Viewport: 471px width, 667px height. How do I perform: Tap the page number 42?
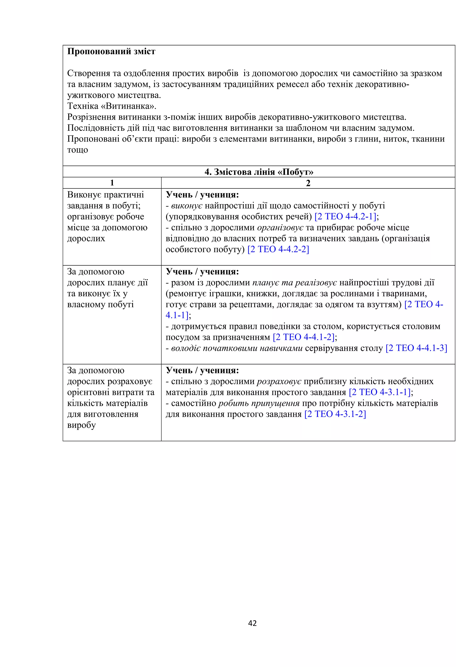(x=252, y=623)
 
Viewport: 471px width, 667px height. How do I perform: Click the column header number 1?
(x=112, y=183)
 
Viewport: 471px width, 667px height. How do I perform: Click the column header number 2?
(x=308, y=183)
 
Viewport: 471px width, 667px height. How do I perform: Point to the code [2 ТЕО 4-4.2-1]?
(x=345, y=216)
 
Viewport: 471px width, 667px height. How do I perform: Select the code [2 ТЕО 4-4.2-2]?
(x=278, y=249)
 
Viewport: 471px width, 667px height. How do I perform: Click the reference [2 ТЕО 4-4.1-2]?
(x=304, y=337)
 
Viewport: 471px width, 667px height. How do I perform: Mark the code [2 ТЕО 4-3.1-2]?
(x=335, y=414)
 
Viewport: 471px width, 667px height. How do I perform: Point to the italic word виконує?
(x=187, y=206)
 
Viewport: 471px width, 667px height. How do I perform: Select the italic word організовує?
(x=280, y=227)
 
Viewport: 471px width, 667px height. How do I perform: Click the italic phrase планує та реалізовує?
(x=295, y=282)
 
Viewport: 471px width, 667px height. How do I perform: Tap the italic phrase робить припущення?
(x=259, y=403)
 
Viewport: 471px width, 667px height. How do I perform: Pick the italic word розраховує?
(x=279, y=381)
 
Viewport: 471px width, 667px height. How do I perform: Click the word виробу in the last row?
(x=81, y=425)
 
